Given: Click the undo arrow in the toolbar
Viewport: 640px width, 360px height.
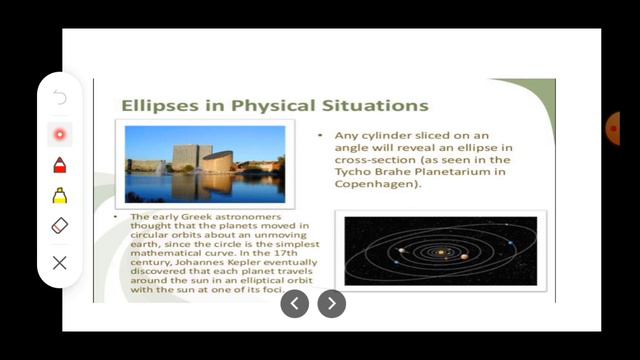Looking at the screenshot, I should pyautogui.click(x=60, y=98).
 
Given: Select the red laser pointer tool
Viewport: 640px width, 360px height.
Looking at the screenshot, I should pyautogui.click(x=60, y=133).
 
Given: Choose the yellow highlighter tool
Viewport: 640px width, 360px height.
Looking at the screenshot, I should pyautogui.click(x=60, y=195).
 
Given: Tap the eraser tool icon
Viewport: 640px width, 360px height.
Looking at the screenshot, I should pyautogui.click(x=60, y=226).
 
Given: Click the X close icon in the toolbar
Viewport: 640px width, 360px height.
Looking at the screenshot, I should pyautogui.click(x=60, y=263).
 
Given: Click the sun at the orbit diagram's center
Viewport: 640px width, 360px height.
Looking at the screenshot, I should pyautogui.click(x=441, y=252).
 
